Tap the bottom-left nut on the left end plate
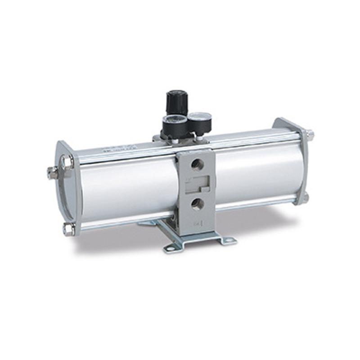click(x=68, y=229)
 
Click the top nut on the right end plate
click(x=309, y=134)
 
